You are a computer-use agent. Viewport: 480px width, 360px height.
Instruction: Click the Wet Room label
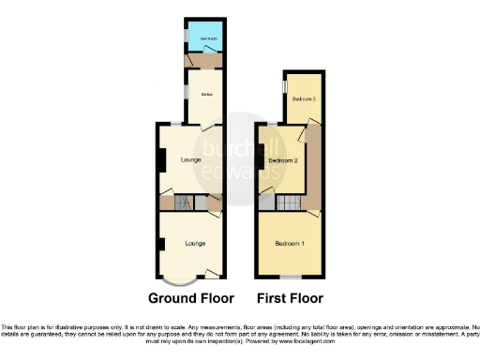click(203, 38)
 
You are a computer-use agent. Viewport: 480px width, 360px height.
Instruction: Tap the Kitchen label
click(204, 96)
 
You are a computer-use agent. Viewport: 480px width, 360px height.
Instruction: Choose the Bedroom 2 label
click(282, 161)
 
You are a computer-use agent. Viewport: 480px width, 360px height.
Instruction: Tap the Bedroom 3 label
click(301, 99)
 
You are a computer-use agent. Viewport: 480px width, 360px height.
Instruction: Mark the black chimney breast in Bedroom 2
click(259, 162)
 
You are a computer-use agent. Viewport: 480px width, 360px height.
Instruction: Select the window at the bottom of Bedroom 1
click(292, 278)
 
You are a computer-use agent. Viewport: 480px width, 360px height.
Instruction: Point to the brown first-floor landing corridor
click(314, 169)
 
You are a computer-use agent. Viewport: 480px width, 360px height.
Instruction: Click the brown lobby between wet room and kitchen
click(204, 61)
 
